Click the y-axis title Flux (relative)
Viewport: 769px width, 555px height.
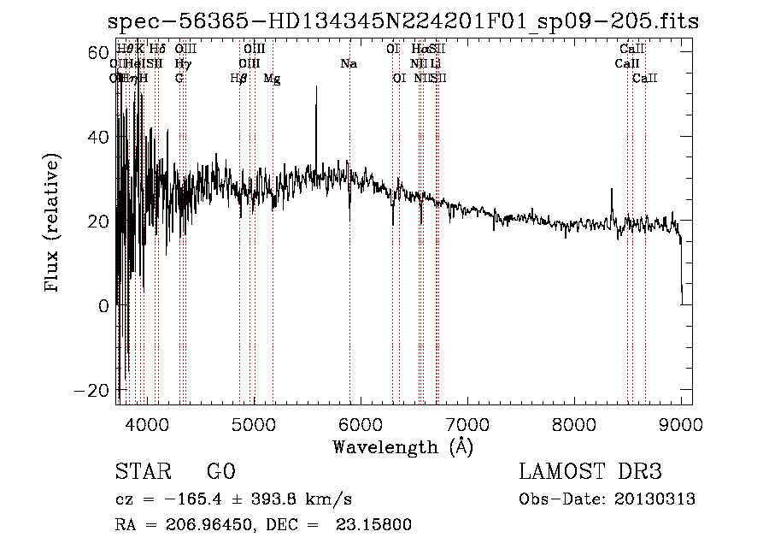[x=53, y=223]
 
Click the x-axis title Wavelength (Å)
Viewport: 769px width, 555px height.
[x=402, y=446]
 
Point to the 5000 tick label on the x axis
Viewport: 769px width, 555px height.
[x=253, y=423]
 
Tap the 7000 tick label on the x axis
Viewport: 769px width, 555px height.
[x=467, y=423]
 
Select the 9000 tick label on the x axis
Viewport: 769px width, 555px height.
[x=681, y=423]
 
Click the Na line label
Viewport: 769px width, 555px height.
[x=349, y=64]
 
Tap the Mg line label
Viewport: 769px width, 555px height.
[x=272, y=79]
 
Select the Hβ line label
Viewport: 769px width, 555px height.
[x=239, y=79]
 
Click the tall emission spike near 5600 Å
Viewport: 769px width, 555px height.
[x=316, y=89]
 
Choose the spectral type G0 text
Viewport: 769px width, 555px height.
[x=221, y=472]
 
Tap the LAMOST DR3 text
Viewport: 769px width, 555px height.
[x=590, y=472]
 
